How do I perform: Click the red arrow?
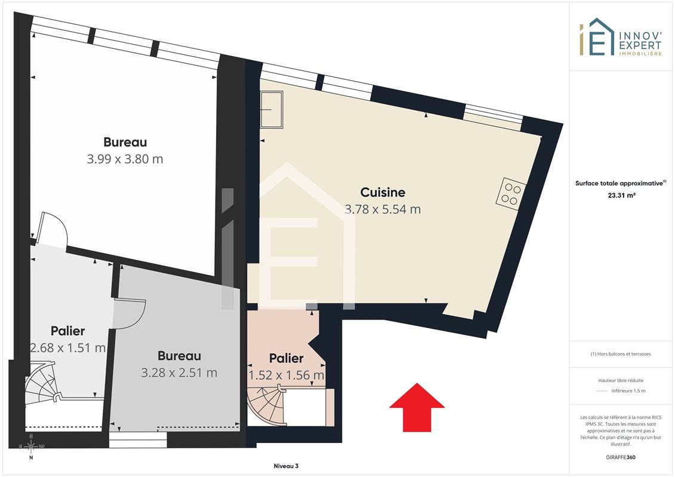point(417,408)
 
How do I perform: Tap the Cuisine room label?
point(383,192)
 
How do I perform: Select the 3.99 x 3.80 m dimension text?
point(125,159)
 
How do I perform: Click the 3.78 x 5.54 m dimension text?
point(383,209)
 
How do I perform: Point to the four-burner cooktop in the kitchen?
point(510,194)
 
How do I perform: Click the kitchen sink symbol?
point(272,110)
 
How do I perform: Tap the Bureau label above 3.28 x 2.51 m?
point(179,356)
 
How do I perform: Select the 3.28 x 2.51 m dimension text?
point(179,373)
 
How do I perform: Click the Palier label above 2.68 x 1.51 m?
point(67,331)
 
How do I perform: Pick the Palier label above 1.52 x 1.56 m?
point(286,358)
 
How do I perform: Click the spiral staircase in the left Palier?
point(42,383)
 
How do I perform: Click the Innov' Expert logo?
point(620,38)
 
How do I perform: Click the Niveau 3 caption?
point(286,466)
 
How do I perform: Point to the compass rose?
point(31,447)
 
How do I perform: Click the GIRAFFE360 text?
point(620,457)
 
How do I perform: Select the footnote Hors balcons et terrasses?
point(620,354)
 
